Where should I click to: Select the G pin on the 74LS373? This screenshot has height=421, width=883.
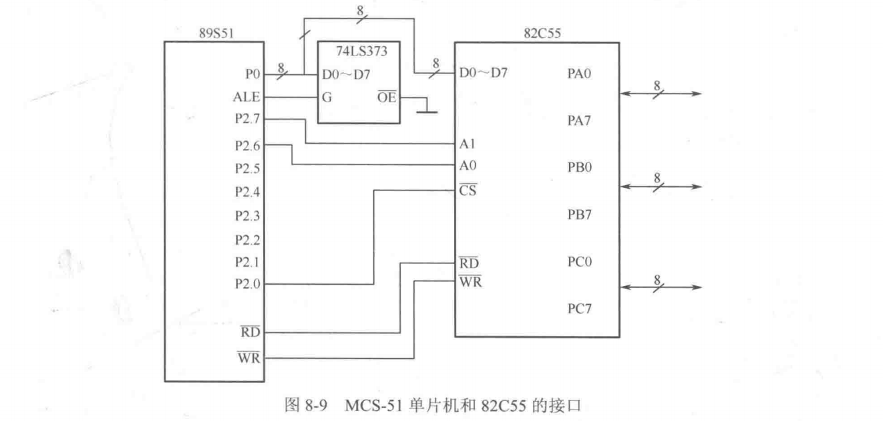tap(329, 98)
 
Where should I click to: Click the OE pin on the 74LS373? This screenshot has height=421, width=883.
tap(387, 98)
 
